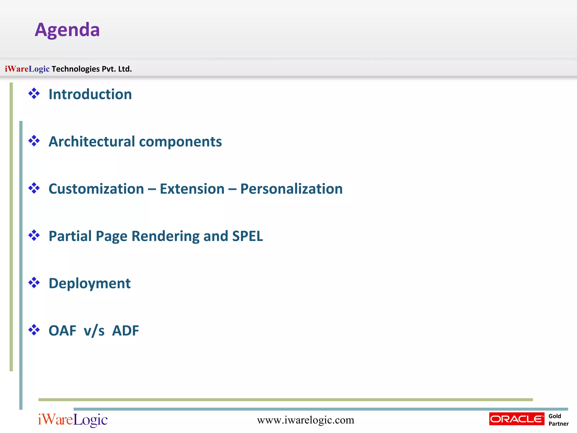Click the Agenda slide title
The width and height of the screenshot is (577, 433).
click(67, 30)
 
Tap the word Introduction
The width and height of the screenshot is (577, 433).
click(90, 94)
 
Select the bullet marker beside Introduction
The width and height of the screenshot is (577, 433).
click(34, 94)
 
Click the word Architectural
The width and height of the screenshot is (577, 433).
click(92, 142)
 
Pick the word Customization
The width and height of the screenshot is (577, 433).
click(96, 189)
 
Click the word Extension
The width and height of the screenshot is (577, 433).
click(192, 189)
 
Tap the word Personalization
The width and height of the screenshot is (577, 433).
click(291, 189)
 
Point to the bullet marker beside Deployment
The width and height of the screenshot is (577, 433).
click(34, 283)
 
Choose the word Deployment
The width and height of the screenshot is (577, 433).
click(90, 284)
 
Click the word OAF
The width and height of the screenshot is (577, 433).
click(62, 331)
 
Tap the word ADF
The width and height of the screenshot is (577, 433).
click(125, 331)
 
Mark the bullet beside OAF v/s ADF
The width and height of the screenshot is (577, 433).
click(34, 330)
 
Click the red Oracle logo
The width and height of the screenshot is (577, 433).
click(517, 419)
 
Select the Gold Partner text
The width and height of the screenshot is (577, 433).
click(558, 420)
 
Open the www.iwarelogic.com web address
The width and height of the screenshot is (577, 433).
click(305, 420)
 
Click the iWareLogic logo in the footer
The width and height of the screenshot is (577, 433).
click(73, 420)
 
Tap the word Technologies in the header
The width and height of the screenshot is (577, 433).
click(76, 69)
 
